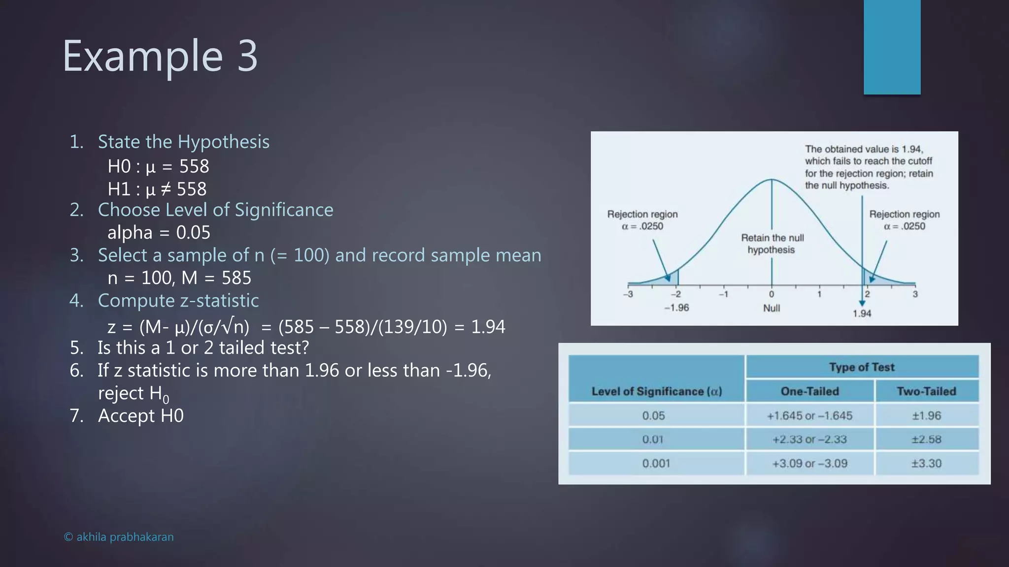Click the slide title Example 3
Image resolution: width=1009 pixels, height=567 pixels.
click(x=160, y=57)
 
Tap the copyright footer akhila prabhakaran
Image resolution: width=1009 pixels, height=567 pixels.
click(x=119, y=537)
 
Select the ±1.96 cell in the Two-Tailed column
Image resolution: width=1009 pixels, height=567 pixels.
click(x=926, y=415)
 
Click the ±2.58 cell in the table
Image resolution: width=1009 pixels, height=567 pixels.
click(x=926, y=439)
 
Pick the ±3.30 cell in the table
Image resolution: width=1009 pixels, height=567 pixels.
click(x=926, y=463)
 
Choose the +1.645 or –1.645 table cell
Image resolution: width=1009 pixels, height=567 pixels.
click(x=809, y=415)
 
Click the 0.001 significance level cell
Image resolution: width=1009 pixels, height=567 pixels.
click(x=656, y=463)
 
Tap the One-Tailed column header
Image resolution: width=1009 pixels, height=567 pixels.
click(x=809, y=391)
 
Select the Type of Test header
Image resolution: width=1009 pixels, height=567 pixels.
click(x=862, y=367)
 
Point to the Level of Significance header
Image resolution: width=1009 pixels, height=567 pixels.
click(x=656, y=391)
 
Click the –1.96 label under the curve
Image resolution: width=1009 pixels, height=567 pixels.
click(x=676, y=308)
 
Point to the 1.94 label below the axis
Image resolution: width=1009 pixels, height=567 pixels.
click(x=862, y=314)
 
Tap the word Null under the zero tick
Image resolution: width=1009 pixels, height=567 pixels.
click(x=772, y=308)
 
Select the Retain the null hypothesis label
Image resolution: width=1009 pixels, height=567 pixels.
click(x=772, y=244)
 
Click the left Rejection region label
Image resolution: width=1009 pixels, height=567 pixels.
click(x=642, y=220)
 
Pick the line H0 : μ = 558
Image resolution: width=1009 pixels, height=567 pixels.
click(x=158, y=166)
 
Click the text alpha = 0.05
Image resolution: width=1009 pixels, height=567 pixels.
click(x=159, y=232)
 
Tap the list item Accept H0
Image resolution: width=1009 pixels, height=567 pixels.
click(x=140, y=416)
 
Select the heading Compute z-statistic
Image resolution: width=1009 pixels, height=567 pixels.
click(x=178, y=301)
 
